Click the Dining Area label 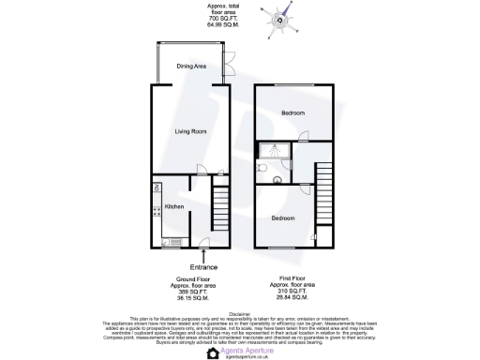(x=190, y=67)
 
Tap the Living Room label (x=190, y=131)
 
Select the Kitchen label (x=173, y=207)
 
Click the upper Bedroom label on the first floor (x=292, y=112)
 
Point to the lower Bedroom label (x=282, y=217)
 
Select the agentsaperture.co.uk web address (x=246, y=357)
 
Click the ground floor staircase (x=222, y=204)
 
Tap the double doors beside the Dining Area (x=229, y=67)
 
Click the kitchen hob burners (x=155, y=191)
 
